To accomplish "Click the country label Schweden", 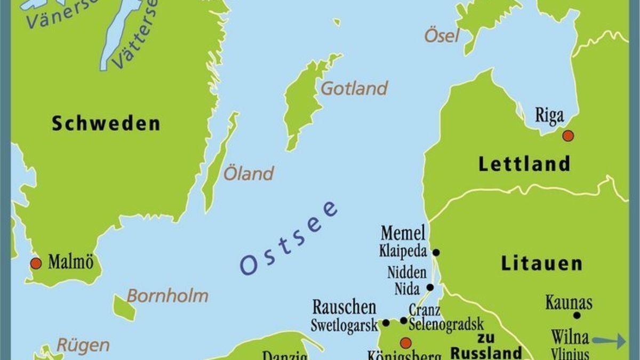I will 106,123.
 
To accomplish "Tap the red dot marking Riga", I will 568,135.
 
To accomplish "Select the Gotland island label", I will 354,89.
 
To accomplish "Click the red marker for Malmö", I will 36,263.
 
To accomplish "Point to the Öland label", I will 249,173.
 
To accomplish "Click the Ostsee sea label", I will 289,238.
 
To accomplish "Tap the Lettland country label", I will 524,164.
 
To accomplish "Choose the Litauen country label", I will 542,263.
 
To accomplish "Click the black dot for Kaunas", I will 577,315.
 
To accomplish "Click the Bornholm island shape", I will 125,308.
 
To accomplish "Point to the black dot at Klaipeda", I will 436,252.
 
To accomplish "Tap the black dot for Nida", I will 430,287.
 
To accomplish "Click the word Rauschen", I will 344,308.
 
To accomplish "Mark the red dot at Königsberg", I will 406,342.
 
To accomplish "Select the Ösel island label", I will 441,36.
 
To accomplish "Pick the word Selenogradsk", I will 446,324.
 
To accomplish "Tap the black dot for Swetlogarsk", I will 386,323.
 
